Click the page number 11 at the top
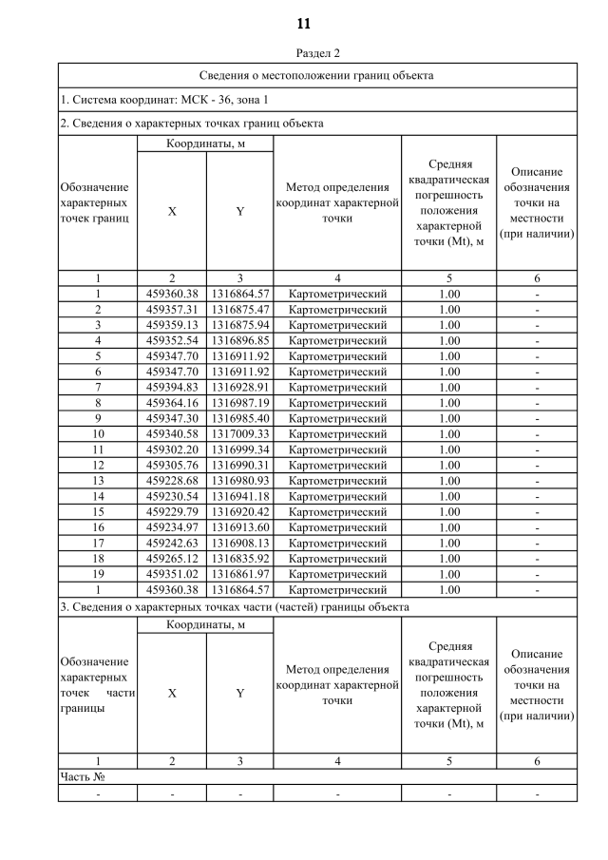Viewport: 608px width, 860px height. coord(304,24)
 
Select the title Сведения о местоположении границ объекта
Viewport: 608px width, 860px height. coord(318,74)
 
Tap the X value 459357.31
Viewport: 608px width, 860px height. coord(172,309)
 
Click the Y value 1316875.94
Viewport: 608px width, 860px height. coord(240,324)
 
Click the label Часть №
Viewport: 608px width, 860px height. coord(82,776)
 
